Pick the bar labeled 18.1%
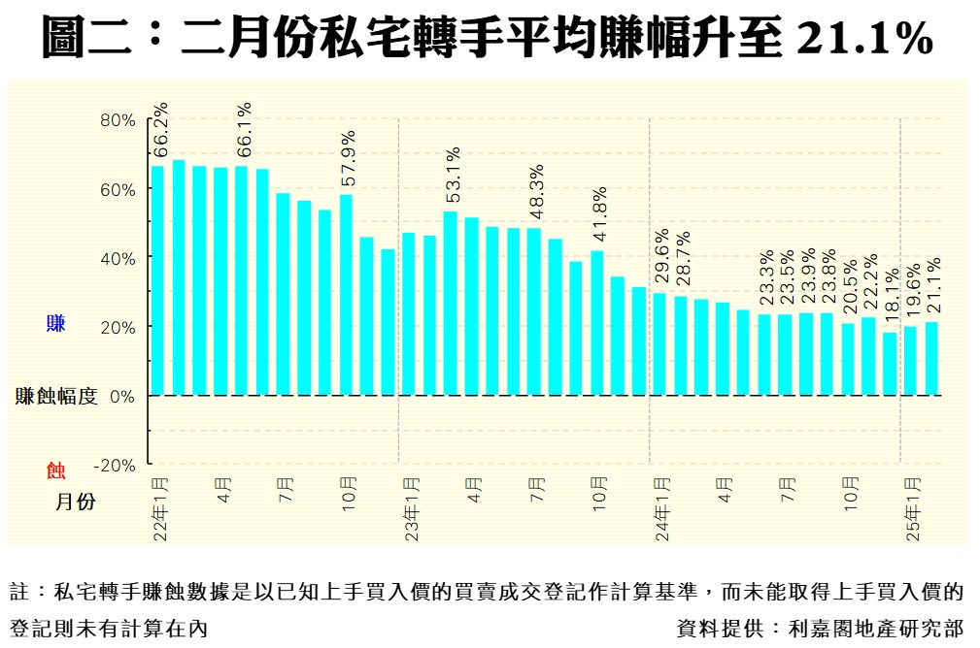point(890,364)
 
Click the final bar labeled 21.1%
point(931,358)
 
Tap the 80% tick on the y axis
point(118,120)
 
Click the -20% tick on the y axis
point(114,465)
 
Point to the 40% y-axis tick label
point(118,258)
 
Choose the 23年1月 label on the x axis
point(412,508)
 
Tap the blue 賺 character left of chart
point(56,324)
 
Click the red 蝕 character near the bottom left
point(56,471)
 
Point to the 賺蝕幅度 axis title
point(56,396)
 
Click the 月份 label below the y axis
point(75,502)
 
